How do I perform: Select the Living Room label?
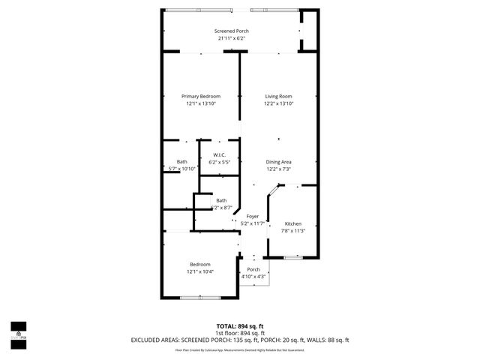pos(277,97)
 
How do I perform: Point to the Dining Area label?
pos(278,162)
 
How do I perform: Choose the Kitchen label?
pos(293,223)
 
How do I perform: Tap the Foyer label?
pos(253,216)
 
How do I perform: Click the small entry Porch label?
pos(253,270)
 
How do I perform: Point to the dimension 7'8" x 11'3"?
pos(293,231)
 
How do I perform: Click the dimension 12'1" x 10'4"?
pos(200,271)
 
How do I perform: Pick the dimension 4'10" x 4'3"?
pos(253,277)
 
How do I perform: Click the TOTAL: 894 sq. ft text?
pos(241,326)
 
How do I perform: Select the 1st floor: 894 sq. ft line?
pos(241,333)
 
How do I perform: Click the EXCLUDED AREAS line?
pos(241,340)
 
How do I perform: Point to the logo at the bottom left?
pos(18,331)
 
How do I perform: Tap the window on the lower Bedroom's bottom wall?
pos(200,298)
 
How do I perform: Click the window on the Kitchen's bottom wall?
pos(293,257)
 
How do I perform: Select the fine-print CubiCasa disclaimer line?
pos(241,349)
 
